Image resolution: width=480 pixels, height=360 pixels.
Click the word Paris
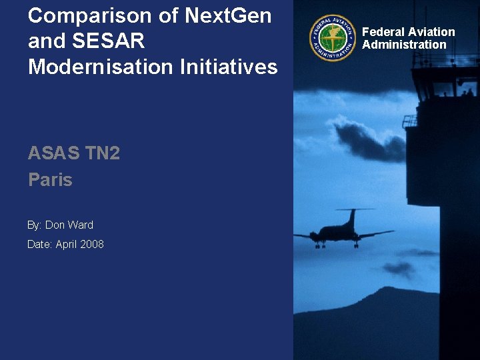coord(50,179)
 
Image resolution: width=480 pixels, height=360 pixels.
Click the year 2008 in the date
coord(92,244)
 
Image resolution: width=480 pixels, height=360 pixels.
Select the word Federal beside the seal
coord(383,32)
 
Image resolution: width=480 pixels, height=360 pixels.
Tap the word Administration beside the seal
coord(404,45)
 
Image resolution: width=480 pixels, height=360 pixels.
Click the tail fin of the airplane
coord(351,217)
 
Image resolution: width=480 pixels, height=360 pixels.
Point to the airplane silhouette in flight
coord(343,233)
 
